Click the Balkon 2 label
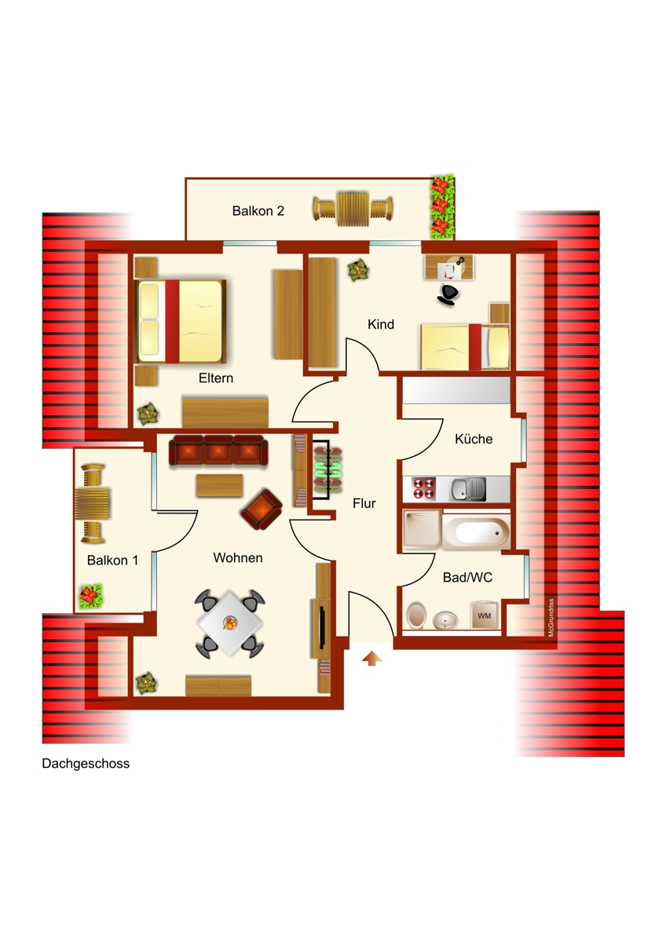click(x=258, y=210)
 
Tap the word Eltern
click(x=216, y=378)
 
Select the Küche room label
click(x=474, y=439)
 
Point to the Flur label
click(x=364, y=503)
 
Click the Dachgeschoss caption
click(x=86, y=763)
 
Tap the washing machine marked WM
click(x=484, y=615)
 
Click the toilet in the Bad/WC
click(x=416, y=615)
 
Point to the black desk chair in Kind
click(x=448, y=294)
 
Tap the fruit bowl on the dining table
click(x=230, y=623)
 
